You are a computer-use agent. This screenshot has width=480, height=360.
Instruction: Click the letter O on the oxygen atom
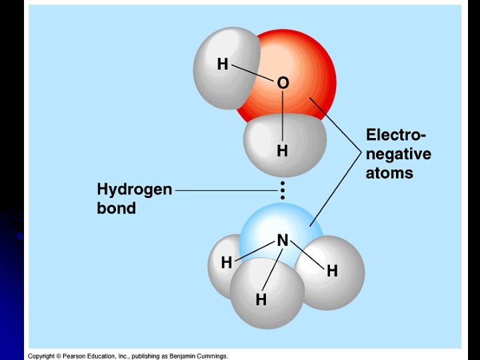[283, 83]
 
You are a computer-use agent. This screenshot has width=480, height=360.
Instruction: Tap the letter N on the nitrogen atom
[283, 240]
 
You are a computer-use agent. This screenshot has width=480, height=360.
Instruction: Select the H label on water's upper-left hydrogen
[223, 64]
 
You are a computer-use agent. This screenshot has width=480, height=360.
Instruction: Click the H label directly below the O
[283, 151]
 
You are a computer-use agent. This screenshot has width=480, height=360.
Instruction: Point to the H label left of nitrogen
[227, 263]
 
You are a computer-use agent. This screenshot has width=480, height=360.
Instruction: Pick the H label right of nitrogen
[332, 271]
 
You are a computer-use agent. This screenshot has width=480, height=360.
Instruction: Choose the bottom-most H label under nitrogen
[261, 300]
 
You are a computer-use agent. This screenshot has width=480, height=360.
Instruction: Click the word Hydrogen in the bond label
[135, 189]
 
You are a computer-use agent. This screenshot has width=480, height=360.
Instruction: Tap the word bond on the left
[117, 208]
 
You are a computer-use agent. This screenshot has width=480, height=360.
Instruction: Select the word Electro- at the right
[396, 135]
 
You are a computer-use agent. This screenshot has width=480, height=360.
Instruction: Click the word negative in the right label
[398, 154]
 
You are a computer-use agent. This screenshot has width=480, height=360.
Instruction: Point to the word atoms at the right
[389, 173]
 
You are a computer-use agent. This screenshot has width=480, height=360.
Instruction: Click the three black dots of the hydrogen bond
[283, 190]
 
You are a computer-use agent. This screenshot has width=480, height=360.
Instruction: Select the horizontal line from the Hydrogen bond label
[225, 190]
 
